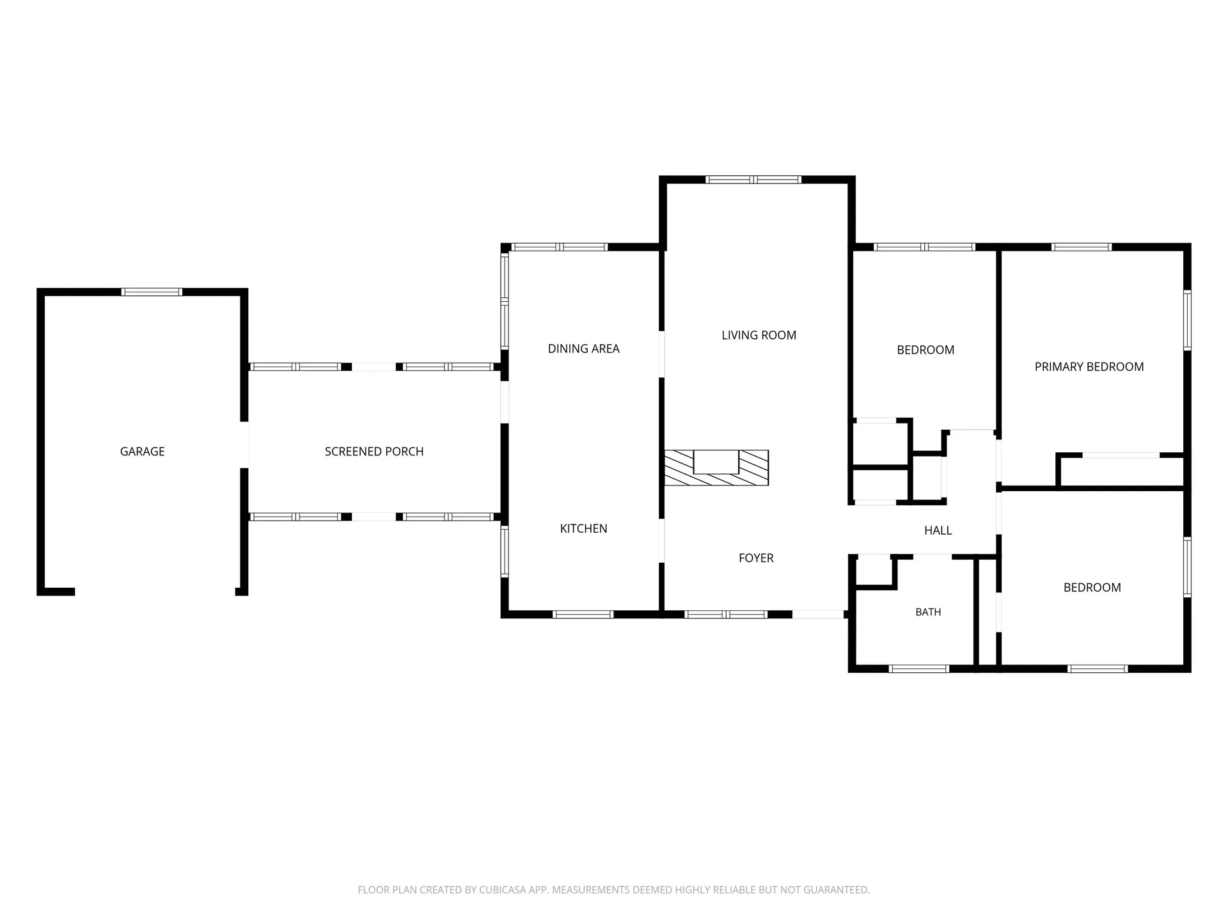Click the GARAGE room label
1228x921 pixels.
coord(142,452)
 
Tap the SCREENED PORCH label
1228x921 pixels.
coord(374,452)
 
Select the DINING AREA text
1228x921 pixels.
coord(583,349)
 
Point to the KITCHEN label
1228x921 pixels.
coord(583,528)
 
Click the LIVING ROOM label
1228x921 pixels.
coord(759,335)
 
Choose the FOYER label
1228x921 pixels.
coord(756,558)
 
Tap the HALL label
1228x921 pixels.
coord(938,530)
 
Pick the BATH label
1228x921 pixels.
coord(928,612)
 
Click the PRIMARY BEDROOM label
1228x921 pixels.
coord(1089,366)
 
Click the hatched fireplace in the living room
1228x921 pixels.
coord(716,468)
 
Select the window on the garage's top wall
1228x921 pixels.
coord(152,292)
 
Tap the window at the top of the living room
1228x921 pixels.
coord(753,180)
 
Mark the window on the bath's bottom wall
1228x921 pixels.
coord(918,669)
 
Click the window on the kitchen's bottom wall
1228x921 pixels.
coord(583,615)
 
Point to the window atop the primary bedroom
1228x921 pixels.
coord(1081,247)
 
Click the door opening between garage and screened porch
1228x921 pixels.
coord(244,445)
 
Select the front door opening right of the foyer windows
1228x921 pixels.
coord(818,615)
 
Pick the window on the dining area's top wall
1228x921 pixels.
coord(559,247)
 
